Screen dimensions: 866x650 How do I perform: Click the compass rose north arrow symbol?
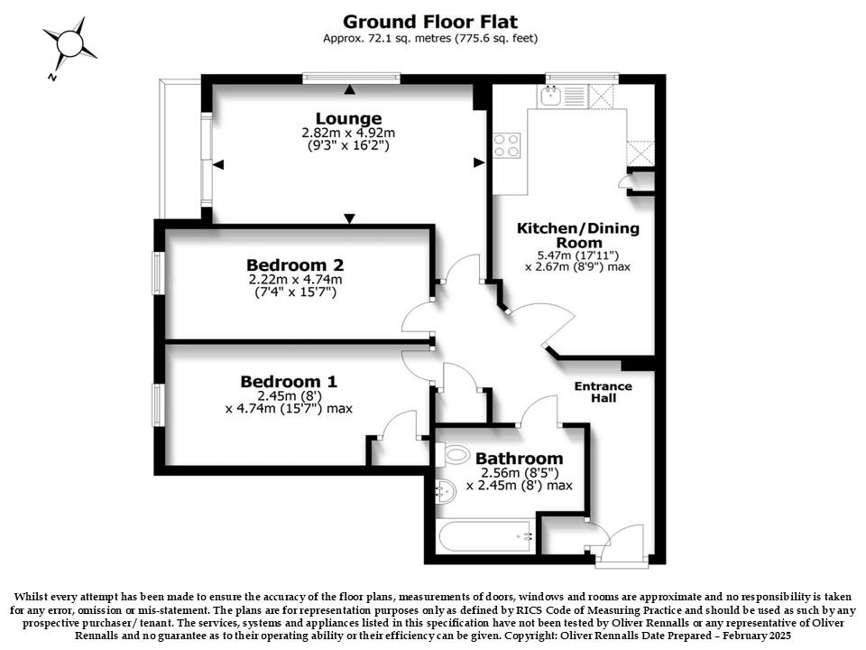pos(69,44)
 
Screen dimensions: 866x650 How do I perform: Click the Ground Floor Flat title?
pos(430,22)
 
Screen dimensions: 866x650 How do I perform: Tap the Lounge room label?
pos(348,119)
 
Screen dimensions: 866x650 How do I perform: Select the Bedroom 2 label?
pos(296,265)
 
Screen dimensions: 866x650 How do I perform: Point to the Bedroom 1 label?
pos(289,382)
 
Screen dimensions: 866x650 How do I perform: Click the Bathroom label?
pos(520,459)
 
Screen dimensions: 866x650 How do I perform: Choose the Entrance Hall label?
pos(603,392)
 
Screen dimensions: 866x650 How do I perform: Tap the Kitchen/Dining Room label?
pos(578,236)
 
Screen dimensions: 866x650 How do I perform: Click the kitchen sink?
pos(550,97)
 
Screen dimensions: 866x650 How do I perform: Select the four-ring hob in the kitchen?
pos(507,144)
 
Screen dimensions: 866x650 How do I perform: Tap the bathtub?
pos(486,535)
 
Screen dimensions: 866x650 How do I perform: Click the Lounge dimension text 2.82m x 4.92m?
pos(348,134)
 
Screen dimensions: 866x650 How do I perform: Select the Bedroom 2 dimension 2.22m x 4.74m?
pos(296,280)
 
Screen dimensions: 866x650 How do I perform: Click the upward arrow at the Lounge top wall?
pos(350,89)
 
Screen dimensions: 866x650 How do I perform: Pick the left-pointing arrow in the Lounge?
pos(218,164)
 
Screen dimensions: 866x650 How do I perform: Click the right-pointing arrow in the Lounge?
pos(479,162)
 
